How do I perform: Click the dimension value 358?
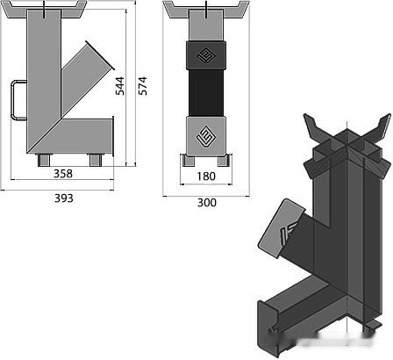[x=63, y=174]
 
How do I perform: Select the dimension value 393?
[x=64, y=198]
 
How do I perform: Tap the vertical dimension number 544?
[x=119, y=86]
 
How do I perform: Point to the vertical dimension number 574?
[x=142, y=86]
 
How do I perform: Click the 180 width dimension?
[x=206, y=176]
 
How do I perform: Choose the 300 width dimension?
[x=207, y=203]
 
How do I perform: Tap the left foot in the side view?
[x=44, y=160]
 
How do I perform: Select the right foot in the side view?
[x=96, y=160]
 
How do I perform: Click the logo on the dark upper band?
[x=206, y=55]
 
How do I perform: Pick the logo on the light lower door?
[x=206, y=136]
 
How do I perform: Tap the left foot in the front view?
[x=188, y=160]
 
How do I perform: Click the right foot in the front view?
[x=224, y=160]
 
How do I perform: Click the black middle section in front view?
[x=206, y=93]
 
